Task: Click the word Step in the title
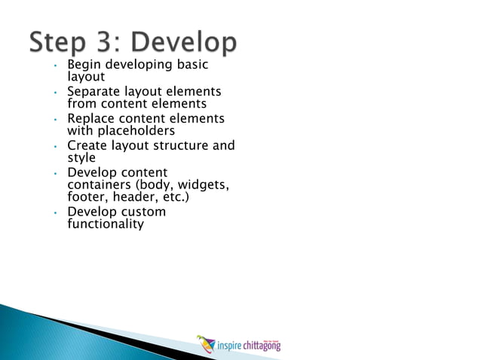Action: click(62, 43)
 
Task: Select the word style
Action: click(81, 157)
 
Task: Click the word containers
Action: click(99, 185)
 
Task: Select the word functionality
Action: click(105, 224)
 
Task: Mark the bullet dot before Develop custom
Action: click(56, 213)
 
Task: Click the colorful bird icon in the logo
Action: click(205, 343)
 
